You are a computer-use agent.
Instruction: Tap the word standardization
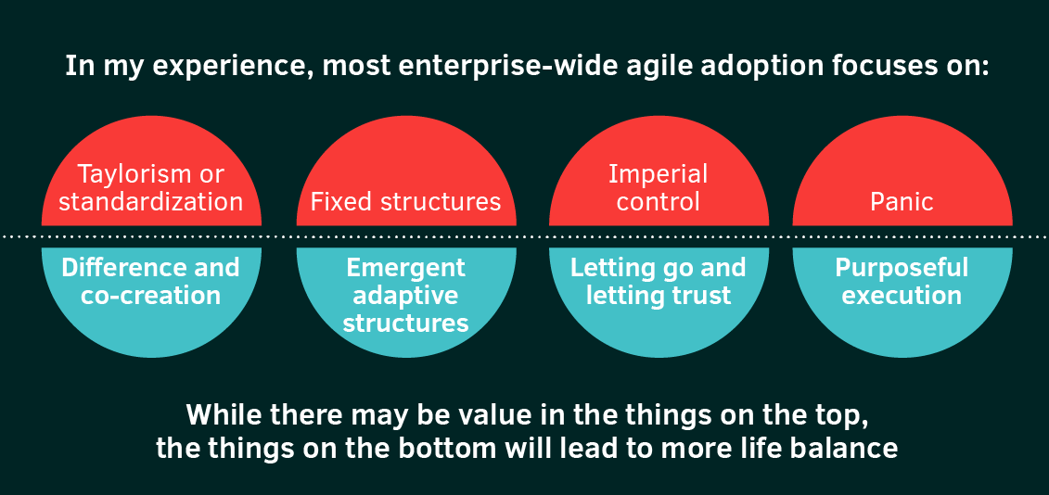pos(151,202)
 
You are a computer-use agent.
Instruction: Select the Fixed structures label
pos(406,202)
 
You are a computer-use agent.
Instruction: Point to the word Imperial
pos(659,174)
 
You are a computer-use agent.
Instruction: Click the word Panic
pos(902,202)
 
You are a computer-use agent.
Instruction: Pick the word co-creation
pos(151,296)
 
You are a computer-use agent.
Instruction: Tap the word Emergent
pos(406,268)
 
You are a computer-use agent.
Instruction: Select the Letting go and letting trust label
pos(659,282)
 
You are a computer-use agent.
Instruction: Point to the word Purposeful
pos(902,268)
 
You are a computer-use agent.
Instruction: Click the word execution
pos(902,296)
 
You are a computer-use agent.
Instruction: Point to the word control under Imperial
pos(659,202)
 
